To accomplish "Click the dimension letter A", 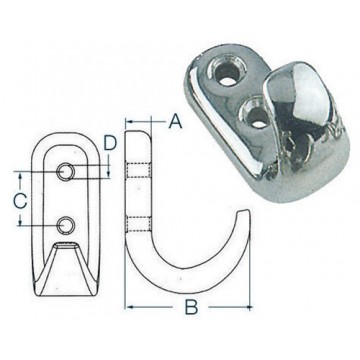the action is (175, 121).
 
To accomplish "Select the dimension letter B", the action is (191, 307).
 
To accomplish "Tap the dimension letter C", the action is (20, 201).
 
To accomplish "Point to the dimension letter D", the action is (110, 142).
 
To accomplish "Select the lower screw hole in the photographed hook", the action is (258, 117).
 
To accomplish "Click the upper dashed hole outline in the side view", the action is (138, 170).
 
